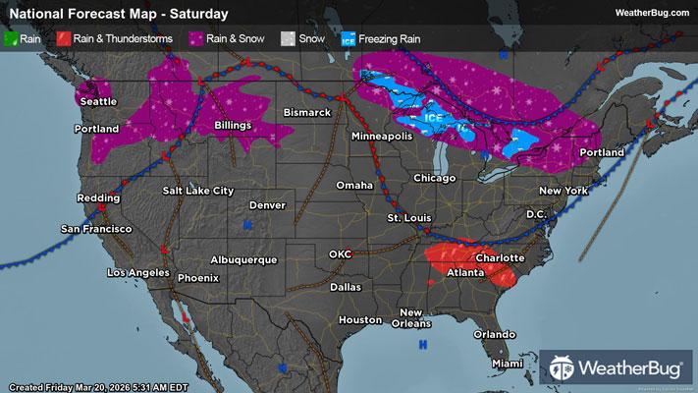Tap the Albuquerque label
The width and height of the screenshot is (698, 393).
[x=243, y=259]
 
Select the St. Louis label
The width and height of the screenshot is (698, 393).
[x=408, y=216]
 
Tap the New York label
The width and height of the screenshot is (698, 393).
[x=563, y=190]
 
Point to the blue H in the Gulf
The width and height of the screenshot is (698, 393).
[x=423, y=344]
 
